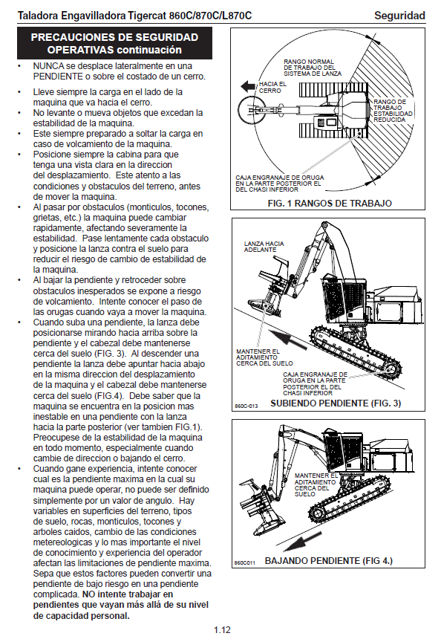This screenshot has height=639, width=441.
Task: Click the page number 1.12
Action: click(x=222, y=629)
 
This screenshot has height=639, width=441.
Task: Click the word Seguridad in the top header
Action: click(x=399, y=16)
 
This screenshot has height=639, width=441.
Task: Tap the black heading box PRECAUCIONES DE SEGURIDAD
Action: click(x=114, y=43)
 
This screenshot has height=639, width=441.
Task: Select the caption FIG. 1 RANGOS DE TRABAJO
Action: click(x=330, y=203)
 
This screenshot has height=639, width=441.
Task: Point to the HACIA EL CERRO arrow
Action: click(x=248, y=86)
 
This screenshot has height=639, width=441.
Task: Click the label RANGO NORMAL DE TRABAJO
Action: click(x=313, y=68)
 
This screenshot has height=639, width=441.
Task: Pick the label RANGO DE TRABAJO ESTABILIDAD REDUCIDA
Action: click(x=393, y=111)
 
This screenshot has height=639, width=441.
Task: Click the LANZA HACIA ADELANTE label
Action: click(x=264, y=247)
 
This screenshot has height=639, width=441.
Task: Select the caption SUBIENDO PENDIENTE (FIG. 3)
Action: click(x=336, y=403)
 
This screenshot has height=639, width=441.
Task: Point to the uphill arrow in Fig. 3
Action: click(x=287, y=340)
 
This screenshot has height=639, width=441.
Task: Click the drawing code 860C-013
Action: click(x=246, y=406)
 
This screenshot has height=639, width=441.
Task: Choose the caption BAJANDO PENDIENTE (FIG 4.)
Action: click(x=329, y=560)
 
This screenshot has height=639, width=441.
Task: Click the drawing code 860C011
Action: click(x=244, y=562)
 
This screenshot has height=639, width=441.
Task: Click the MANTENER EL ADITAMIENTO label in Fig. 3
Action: click(x=264, y=357)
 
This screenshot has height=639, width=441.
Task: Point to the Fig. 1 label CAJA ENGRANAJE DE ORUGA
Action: click(x=280, y=184)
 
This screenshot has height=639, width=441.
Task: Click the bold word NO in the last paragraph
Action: click(x=88, y=594)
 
